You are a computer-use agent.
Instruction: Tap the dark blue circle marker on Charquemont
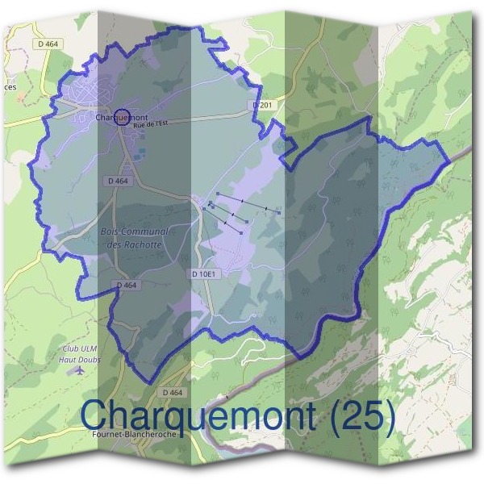(122, 118)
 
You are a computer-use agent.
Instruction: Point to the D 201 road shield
(262, 105)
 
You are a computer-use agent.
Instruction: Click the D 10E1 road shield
(206, 274)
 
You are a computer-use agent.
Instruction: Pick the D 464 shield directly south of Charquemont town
(117, 181)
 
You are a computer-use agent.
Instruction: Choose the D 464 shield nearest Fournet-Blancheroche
(173, 392)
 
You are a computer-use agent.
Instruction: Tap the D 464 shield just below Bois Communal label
(127, 285)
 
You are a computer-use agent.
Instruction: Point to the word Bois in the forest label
(112, 232)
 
